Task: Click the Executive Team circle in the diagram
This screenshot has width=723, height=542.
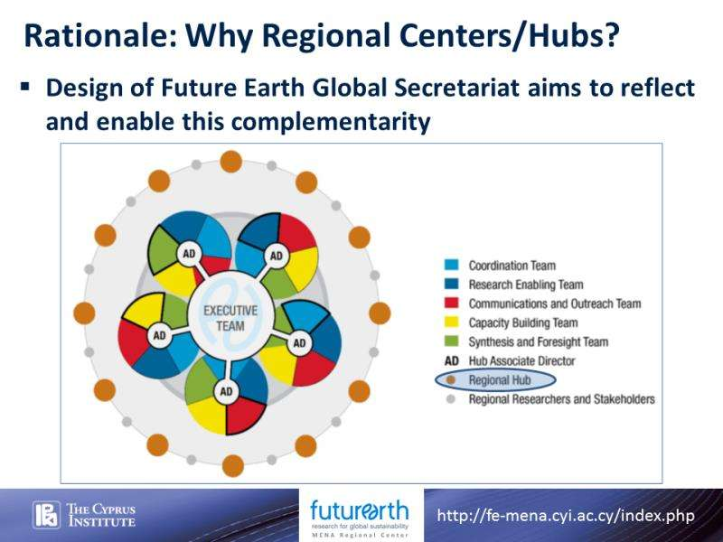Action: (230, 318)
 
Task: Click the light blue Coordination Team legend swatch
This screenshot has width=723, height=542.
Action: (451, 265)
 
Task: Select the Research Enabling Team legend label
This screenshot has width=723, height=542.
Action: (526, 285)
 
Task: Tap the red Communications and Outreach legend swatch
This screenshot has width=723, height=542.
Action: (451, 304)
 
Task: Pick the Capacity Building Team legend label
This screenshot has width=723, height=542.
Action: (523, 322)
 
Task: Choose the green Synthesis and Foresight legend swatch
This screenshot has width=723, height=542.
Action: (451, 341)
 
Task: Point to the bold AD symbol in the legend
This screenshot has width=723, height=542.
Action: (452, 360)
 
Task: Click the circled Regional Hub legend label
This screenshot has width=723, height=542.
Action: (500, 380)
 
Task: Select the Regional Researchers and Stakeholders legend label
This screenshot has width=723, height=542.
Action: (561, 399)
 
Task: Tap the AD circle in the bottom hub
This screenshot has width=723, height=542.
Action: (226, 392)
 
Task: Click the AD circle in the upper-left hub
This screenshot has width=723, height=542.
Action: (189, 254)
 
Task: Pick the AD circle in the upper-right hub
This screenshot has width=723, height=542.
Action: (276, 256)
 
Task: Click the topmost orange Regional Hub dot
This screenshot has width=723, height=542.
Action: (231, 162)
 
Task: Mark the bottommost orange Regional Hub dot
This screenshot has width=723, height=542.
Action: (233, 465)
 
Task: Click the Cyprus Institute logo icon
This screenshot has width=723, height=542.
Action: (47, 515)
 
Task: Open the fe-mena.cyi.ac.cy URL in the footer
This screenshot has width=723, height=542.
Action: (566, 516)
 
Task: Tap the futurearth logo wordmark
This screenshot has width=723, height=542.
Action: (360, 510)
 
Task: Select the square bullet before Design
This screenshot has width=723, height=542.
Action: (25, 86)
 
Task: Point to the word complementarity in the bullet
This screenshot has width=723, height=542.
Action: (331, 123)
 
